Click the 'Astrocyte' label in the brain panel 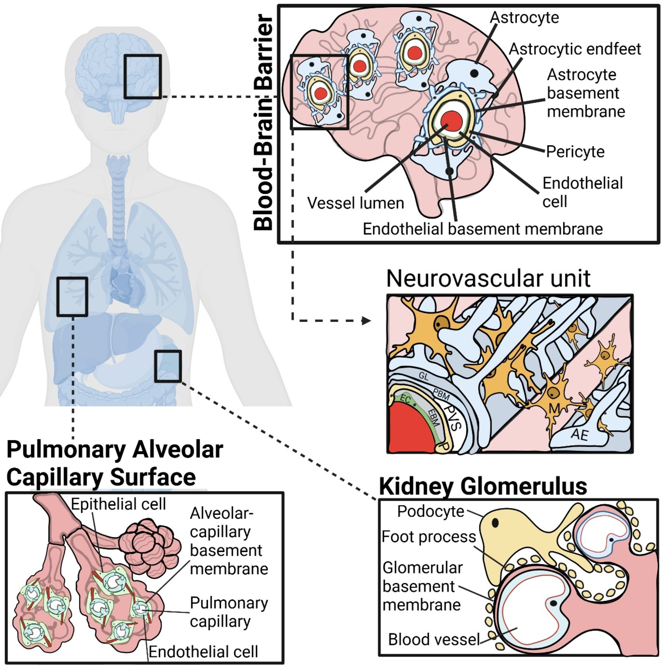point(524,18)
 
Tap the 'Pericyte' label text point(575,152)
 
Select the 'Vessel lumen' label point(355,203)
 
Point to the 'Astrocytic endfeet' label point(575,49)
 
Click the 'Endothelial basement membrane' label point(483,229)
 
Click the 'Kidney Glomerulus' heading point(483,486)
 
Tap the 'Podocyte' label point(431,511)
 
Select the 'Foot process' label point(429,537)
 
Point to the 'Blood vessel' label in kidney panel point(434,639)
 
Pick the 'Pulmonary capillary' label point(229,612)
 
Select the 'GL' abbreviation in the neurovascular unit point(424,377)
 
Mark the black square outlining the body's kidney point(168,366)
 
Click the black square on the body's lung point(72,297)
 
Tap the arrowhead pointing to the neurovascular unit point(366,321)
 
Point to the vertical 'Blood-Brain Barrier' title point(263,122)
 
